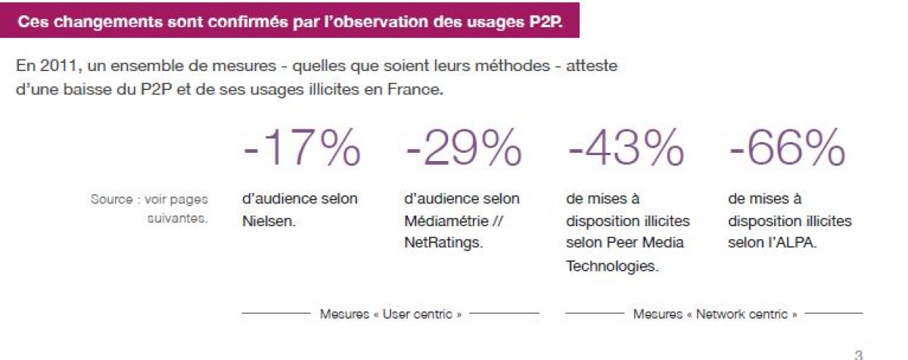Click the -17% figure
(x=302, y=148)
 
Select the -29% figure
(x=463, y=148)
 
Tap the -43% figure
(x=624, y=148)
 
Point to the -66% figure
(x=787, y=148)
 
